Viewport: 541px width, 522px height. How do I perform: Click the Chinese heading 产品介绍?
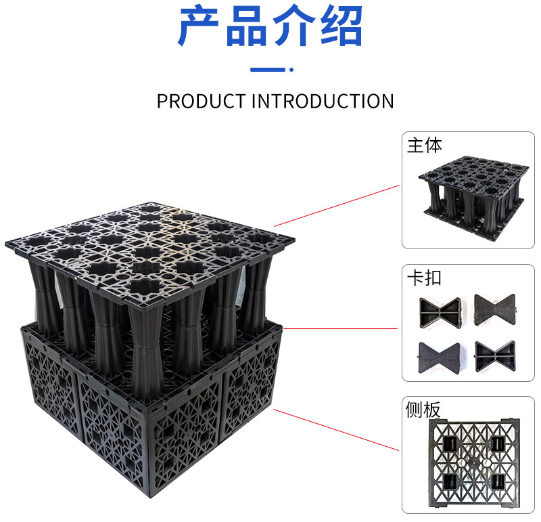coord(270,27)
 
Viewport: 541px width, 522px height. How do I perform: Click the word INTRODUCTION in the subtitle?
coord(323,102)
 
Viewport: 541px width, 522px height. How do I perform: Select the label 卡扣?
coord(424,278)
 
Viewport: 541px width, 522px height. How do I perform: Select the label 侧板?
coord(424,410)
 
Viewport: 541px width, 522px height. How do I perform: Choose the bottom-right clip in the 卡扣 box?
coord(495,353)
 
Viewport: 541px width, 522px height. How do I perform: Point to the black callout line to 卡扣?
coord(342,329)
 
